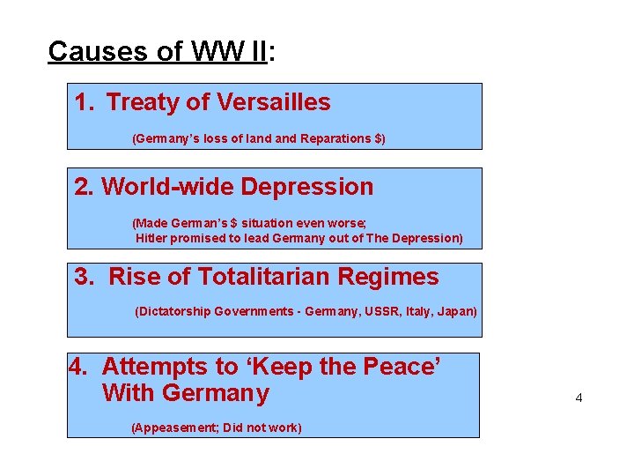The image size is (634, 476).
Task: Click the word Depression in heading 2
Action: click(307, 187)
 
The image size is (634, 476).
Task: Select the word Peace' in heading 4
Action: click(401, 366)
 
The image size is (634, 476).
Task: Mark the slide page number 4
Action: click(579, 398)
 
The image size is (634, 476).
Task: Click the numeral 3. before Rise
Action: click(85, 277)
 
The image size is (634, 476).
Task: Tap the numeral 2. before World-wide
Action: click(85, 187)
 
